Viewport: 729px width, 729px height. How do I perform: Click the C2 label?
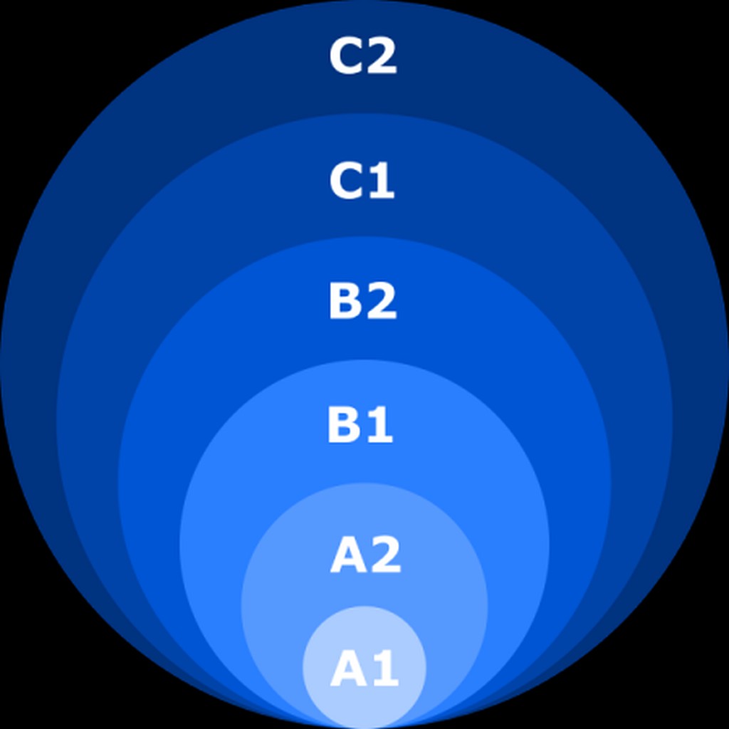pyautogui.click(x=363, y=56)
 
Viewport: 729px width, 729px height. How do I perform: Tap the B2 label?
pyautogui.click(x=362, y=302)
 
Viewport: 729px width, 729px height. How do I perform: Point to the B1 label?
pyautogui.click(x=360, y=426)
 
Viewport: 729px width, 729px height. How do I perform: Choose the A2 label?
pyautogui.click(x=365, y=555)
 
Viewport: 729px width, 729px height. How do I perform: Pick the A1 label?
pyautogui.click(x=364, y=670)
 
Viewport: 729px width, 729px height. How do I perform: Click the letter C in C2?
pyautogui.click(x=346, y=56)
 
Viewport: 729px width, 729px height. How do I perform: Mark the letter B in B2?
pyautogui.click(x=344, y=302)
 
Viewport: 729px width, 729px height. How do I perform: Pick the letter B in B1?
pyautogui.click(x=342, y=426)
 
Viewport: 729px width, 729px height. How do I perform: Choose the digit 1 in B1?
pyautogui.click(x=379, y=426)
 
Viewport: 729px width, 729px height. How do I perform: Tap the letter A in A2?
pyautogui.click(x=347, y=555)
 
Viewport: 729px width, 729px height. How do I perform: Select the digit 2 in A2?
pyautogui.click(x=385, y=555)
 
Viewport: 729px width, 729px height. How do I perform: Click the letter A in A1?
pyautogui.click(x=347, y=670)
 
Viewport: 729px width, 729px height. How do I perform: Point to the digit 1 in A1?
pyautogui.click(x=384, y=670)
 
